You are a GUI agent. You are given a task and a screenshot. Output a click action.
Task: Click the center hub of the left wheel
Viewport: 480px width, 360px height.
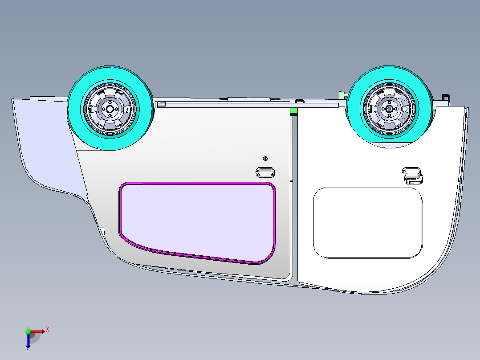(x=110, y=109)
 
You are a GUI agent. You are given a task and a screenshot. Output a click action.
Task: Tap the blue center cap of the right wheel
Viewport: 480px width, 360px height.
(x=389, y=108)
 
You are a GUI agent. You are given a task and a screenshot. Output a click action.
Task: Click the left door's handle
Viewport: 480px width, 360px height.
(x=265, y=172)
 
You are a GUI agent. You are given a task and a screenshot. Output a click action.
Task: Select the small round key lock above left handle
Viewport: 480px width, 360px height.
(x=266, y=158)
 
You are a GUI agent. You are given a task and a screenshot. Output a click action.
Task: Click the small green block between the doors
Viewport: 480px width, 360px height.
(x=294, y=111)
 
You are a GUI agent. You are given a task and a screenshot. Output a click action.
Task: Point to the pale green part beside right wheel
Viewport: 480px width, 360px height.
(x=342, y=95)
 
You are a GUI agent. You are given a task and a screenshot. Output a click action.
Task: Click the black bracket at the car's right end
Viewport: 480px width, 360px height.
(x=445, y=98)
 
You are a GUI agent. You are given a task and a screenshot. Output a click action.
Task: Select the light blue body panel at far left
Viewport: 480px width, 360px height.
(x=45, y=143)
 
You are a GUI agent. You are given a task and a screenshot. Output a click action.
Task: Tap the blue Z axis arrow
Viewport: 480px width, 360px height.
(x=28, y=341)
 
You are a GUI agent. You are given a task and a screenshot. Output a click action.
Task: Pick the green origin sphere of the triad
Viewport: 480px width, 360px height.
(x=28, y=331)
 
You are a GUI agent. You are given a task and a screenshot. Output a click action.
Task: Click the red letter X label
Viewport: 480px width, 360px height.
(x=47, y=329)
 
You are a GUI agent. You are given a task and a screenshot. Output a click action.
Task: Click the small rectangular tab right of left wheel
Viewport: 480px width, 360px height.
(x=162, y=104)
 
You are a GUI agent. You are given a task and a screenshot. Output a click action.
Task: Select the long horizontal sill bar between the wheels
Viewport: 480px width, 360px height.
(x=249, y=105)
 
